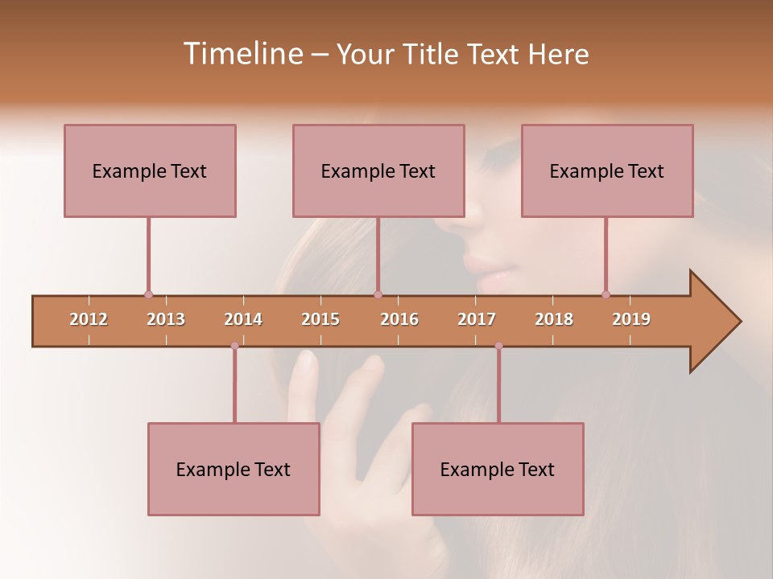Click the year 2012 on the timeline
[89, 319]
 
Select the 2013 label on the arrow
[166, 319]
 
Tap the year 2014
[243, 319]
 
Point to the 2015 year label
[320, 319]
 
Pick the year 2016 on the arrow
[399, 319]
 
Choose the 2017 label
[477, 319]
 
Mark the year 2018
[554, 319]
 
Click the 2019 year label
[631, 319]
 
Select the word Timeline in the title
[242, 54]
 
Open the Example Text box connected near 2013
[150, 170]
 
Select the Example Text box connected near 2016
[378, 170]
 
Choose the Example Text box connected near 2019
[607, 170]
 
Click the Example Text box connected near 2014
[234, 469]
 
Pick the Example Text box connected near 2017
[498, 469]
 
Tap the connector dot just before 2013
[148, 294]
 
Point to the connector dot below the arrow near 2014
[234, 346]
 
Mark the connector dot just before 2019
[606, 294]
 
